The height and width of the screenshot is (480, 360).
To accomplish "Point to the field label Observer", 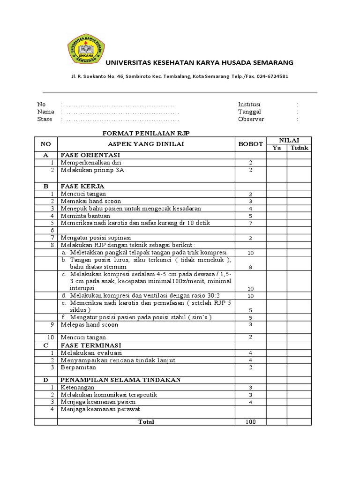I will coord(251,119).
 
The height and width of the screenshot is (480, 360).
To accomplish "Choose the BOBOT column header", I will coord(251,144).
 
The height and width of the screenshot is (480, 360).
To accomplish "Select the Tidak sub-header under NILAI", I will coord(300,148).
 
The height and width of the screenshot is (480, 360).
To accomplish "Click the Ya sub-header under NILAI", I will coord(277,148).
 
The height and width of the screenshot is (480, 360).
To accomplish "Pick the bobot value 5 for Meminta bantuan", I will coord(251,217).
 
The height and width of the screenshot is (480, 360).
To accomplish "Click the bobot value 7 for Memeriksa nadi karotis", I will coord(251,224).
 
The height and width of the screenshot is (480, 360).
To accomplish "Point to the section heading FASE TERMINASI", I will coord(90,345).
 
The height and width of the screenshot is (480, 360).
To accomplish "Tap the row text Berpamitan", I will coord(77,367).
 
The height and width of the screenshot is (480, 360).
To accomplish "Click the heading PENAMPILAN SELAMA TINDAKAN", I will coord(117,380).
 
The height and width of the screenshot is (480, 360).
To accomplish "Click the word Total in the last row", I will coord(146,422).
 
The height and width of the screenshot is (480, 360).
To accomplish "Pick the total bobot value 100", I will coord(251,422).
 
